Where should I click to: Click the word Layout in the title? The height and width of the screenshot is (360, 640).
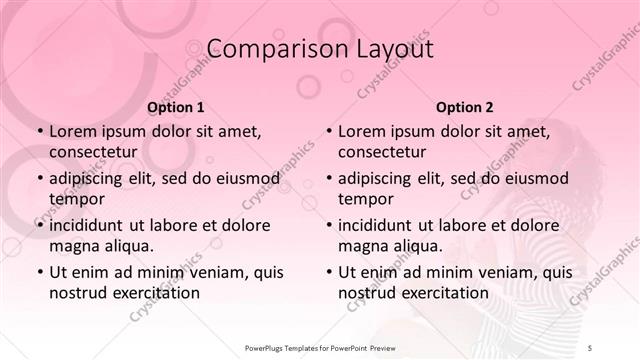(x=387, y=49)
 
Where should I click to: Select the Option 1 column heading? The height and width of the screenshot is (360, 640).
(x=175, y=107)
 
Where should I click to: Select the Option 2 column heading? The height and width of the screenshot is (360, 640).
(x=464, y=107)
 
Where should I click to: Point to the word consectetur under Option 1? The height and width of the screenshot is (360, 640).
(x=92, y=153)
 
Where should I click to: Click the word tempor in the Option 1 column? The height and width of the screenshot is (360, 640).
(x=76, y=199)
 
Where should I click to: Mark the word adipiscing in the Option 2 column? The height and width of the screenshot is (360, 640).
(x=379, y=179)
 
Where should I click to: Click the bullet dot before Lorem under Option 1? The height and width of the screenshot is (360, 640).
(x=40, y=132)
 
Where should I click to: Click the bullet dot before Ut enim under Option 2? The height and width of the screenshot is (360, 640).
(x=329, y=272)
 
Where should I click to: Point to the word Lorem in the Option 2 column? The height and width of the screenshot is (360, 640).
(x=361, y=132)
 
